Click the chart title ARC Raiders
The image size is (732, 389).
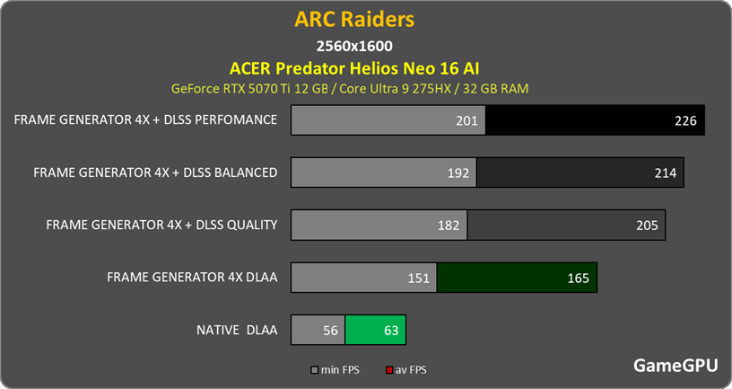[353, 19]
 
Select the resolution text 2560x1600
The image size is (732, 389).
[354, 45]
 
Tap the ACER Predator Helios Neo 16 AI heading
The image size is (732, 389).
[354, 67]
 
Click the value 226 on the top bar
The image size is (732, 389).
[685, 120]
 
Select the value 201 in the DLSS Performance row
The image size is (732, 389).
[466, 120]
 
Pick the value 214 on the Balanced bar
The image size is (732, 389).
[665, 172]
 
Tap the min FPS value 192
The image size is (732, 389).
[458, 172]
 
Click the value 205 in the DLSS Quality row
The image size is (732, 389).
[647, 225]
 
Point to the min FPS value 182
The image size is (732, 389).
[449, 225]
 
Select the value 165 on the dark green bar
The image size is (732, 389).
[579, 278]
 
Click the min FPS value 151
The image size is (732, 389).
[419, 278]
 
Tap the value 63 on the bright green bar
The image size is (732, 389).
[391, 331]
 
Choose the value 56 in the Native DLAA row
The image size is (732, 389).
[329, 331]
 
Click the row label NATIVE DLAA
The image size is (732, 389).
[236, 331]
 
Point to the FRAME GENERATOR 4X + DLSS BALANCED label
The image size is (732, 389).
[154, 172]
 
